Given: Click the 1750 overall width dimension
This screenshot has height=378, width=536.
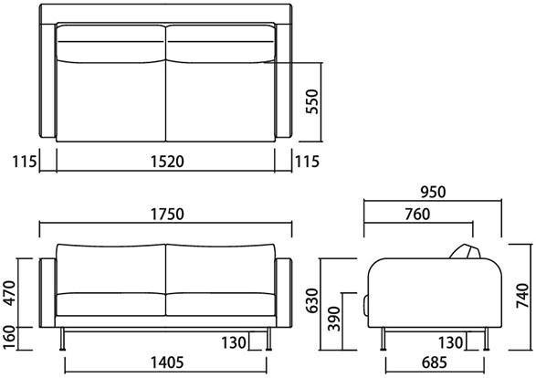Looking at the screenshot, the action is [167, 214].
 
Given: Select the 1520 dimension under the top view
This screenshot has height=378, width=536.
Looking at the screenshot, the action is [167, 162].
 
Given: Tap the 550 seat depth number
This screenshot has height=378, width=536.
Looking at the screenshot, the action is [312, 101].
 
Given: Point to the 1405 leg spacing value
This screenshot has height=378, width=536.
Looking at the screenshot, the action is [167, 362].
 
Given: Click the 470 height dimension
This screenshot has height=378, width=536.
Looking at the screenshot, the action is [9, 293].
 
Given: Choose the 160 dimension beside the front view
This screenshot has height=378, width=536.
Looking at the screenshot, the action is [9, 338].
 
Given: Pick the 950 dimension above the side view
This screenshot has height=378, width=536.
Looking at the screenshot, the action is [433, 192].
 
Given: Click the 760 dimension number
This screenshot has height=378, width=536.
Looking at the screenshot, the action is [417, 215].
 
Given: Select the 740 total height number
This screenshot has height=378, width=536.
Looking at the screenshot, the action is [523, 296].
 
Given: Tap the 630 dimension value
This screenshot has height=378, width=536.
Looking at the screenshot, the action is [312, 300].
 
